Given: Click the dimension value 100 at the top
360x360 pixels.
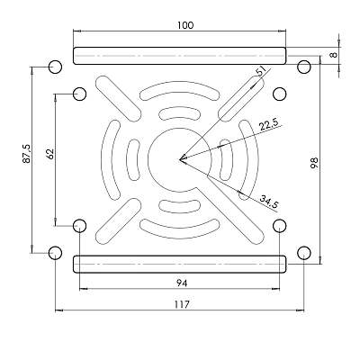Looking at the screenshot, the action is (x=185, y=25).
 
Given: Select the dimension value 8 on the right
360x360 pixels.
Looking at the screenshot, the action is (x=334, y=55).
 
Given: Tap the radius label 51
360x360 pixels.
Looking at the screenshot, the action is (x=261, y=71).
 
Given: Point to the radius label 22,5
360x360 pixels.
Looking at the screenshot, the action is (x=269, y=124).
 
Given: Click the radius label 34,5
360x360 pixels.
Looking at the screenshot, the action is (x=269, y=202).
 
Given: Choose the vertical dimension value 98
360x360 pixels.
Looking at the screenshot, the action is (x=314, y=162).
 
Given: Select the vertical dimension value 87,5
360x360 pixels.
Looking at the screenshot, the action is (x=26, y=153).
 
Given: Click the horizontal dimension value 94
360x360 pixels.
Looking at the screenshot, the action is (x=182, y=283).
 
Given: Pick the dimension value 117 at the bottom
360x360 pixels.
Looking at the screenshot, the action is (x=182, y=304).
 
